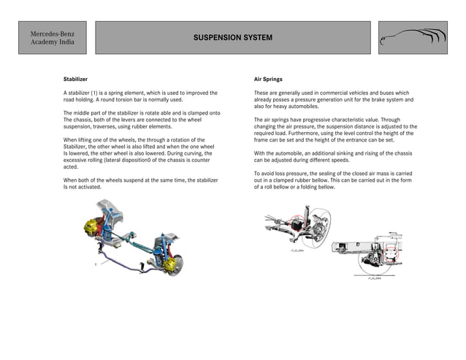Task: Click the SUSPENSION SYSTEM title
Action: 233,37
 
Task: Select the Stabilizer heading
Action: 76,78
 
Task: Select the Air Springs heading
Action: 268,78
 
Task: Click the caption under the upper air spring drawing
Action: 297,249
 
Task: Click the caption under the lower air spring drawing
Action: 375,278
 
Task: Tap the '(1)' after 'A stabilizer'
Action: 94,93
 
